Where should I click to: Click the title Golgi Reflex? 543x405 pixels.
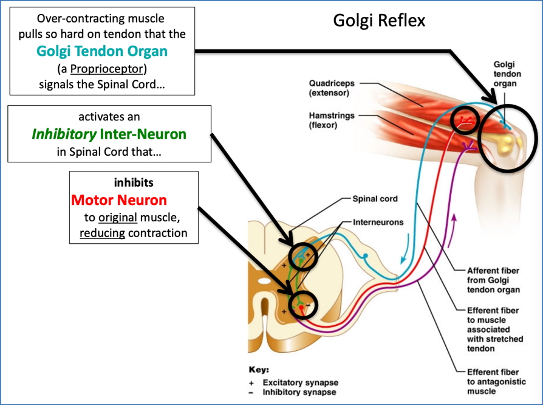(379, 20)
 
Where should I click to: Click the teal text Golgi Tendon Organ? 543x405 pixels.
(102, 51)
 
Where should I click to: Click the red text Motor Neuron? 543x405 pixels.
(119, 199)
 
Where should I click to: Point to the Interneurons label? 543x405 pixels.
(377, 222)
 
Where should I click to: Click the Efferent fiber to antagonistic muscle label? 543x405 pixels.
(492, 381)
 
